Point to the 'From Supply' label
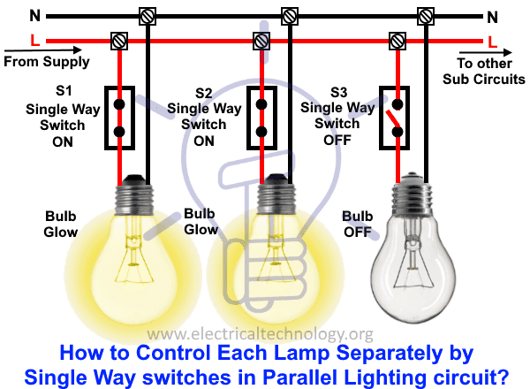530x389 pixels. click(47, 62)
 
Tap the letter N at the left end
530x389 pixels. click(35, 15)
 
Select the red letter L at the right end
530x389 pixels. click(492, 40)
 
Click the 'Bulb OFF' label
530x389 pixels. click(357, 224)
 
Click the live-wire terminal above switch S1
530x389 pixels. click(119, 41)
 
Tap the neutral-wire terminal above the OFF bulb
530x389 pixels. click(426, 15)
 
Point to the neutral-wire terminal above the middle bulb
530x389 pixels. click(289, 15)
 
